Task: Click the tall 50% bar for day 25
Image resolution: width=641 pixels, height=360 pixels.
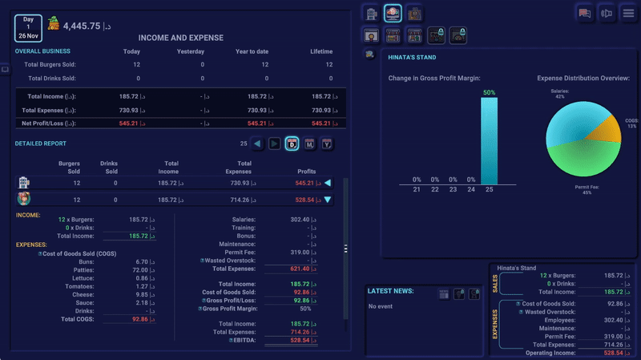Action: pos(489,140)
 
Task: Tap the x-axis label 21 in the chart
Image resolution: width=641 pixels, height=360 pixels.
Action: pos(417,189)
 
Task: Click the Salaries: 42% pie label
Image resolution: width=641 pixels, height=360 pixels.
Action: pos(559,94)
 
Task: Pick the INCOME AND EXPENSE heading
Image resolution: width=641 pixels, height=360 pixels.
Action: pos(181,38)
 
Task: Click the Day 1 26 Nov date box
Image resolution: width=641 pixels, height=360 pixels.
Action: pos(29,26)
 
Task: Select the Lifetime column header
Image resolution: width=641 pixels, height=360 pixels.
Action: pos(321,52)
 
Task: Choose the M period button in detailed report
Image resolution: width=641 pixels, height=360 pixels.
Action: pos(309,144)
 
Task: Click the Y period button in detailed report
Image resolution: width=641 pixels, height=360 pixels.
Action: pos(327,144)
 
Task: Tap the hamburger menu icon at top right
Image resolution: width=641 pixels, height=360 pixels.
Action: pos(628,13)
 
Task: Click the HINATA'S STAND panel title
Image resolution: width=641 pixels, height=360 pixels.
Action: pos(411,58)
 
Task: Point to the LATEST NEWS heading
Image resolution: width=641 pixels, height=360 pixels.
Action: pos(390,290)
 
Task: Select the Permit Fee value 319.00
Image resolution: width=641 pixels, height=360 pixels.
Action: pos(300,251)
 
